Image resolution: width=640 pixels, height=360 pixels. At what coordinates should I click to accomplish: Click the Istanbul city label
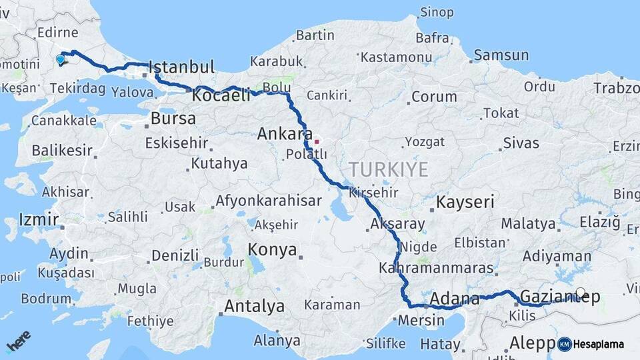tap(181, 67)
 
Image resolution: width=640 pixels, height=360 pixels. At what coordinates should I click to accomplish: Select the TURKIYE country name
tap(387, 169)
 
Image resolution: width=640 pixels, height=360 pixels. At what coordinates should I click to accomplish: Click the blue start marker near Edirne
tap(61, 59)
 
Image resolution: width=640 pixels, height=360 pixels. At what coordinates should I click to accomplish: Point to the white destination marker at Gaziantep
tap(581, 293)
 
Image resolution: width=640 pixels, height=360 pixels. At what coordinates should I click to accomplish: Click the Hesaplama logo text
tap(599, 344)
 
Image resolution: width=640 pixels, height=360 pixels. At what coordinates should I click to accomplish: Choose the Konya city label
tap(272, 250)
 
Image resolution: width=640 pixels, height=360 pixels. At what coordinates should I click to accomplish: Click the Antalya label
tap(254, 307)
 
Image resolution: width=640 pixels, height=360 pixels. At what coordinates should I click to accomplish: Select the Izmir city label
tap(39, 219)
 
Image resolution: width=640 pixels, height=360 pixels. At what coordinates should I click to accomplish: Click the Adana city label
tap(455, 298)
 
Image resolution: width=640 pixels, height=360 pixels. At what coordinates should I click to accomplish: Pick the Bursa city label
tap(173, 119)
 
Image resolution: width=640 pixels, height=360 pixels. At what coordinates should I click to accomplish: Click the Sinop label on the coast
tap(437, 12)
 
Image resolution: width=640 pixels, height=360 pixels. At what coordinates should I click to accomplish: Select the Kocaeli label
tap(221, 96)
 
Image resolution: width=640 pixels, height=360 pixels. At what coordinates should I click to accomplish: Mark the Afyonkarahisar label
tap(269, 201)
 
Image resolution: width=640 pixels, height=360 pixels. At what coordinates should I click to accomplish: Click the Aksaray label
tap(397, 224)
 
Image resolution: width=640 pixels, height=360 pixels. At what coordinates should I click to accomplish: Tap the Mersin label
tap(421, 321)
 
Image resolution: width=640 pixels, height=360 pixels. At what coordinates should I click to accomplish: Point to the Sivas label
tap(521, 142)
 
